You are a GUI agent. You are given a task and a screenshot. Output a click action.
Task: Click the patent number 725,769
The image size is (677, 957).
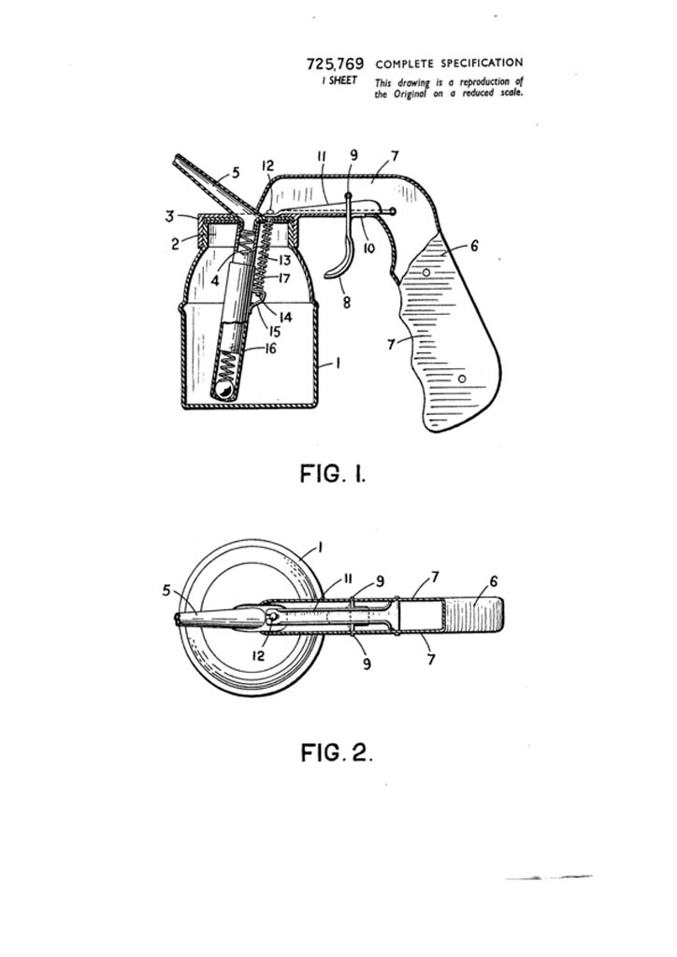(335, 64)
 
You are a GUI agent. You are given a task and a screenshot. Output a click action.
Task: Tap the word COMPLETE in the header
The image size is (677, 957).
(404, 64)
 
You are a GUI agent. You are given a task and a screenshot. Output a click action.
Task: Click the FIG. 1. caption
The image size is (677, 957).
(333, 474)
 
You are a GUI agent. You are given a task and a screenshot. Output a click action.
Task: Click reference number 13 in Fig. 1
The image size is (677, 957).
(284, 261)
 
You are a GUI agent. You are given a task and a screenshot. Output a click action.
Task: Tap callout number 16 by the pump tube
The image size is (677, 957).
(270, 349)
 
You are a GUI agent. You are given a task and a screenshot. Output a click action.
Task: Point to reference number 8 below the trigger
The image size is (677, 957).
(347, 302)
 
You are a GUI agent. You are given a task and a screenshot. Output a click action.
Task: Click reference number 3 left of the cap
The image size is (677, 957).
(170, 216)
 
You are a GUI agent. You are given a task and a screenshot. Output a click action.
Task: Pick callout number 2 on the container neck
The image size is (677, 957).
(175, 244)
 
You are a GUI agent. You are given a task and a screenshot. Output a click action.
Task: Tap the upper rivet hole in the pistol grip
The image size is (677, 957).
(427, 271)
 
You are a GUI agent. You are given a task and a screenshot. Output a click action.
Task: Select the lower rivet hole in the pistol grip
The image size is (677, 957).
(462, 379)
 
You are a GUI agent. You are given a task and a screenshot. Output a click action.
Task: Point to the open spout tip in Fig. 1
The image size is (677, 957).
(177, 159)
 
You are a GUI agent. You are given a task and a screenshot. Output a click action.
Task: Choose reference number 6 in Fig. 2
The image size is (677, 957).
(493, 581)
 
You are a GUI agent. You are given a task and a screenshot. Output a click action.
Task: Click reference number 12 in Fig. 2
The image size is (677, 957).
(259, 656)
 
